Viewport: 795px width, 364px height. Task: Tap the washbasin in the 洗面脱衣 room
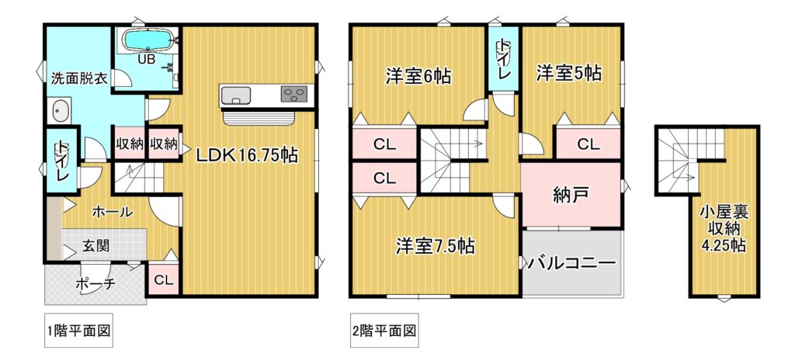point(61,110)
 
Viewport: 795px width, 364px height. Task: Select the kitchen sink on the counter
point(236,94)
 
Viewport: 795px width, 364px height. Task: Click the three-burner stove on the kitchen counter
point(294,94)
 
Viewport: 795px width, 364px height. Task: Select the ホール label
point(112,212)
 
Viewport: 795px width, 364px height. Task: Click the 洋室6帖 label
point(418,77)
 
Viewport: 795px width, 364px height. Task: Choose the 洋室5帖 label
point(569,74)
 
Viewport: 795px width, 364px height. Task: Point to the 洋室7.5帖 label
point(435,247)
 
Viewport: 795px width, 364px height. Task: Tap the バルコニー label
point(571,263)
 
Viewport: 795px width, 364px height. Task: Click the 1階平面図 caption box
point(78,333)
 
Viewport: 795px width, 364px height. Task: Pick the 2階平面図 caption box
point(384,333)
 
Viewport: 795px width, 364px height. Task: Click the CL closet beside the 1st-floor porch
point(164,279)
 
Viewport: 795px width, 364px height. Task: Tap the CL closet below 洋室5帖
point(588,144)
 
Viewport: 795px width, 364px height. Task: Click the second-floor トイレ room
point(503,59)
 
